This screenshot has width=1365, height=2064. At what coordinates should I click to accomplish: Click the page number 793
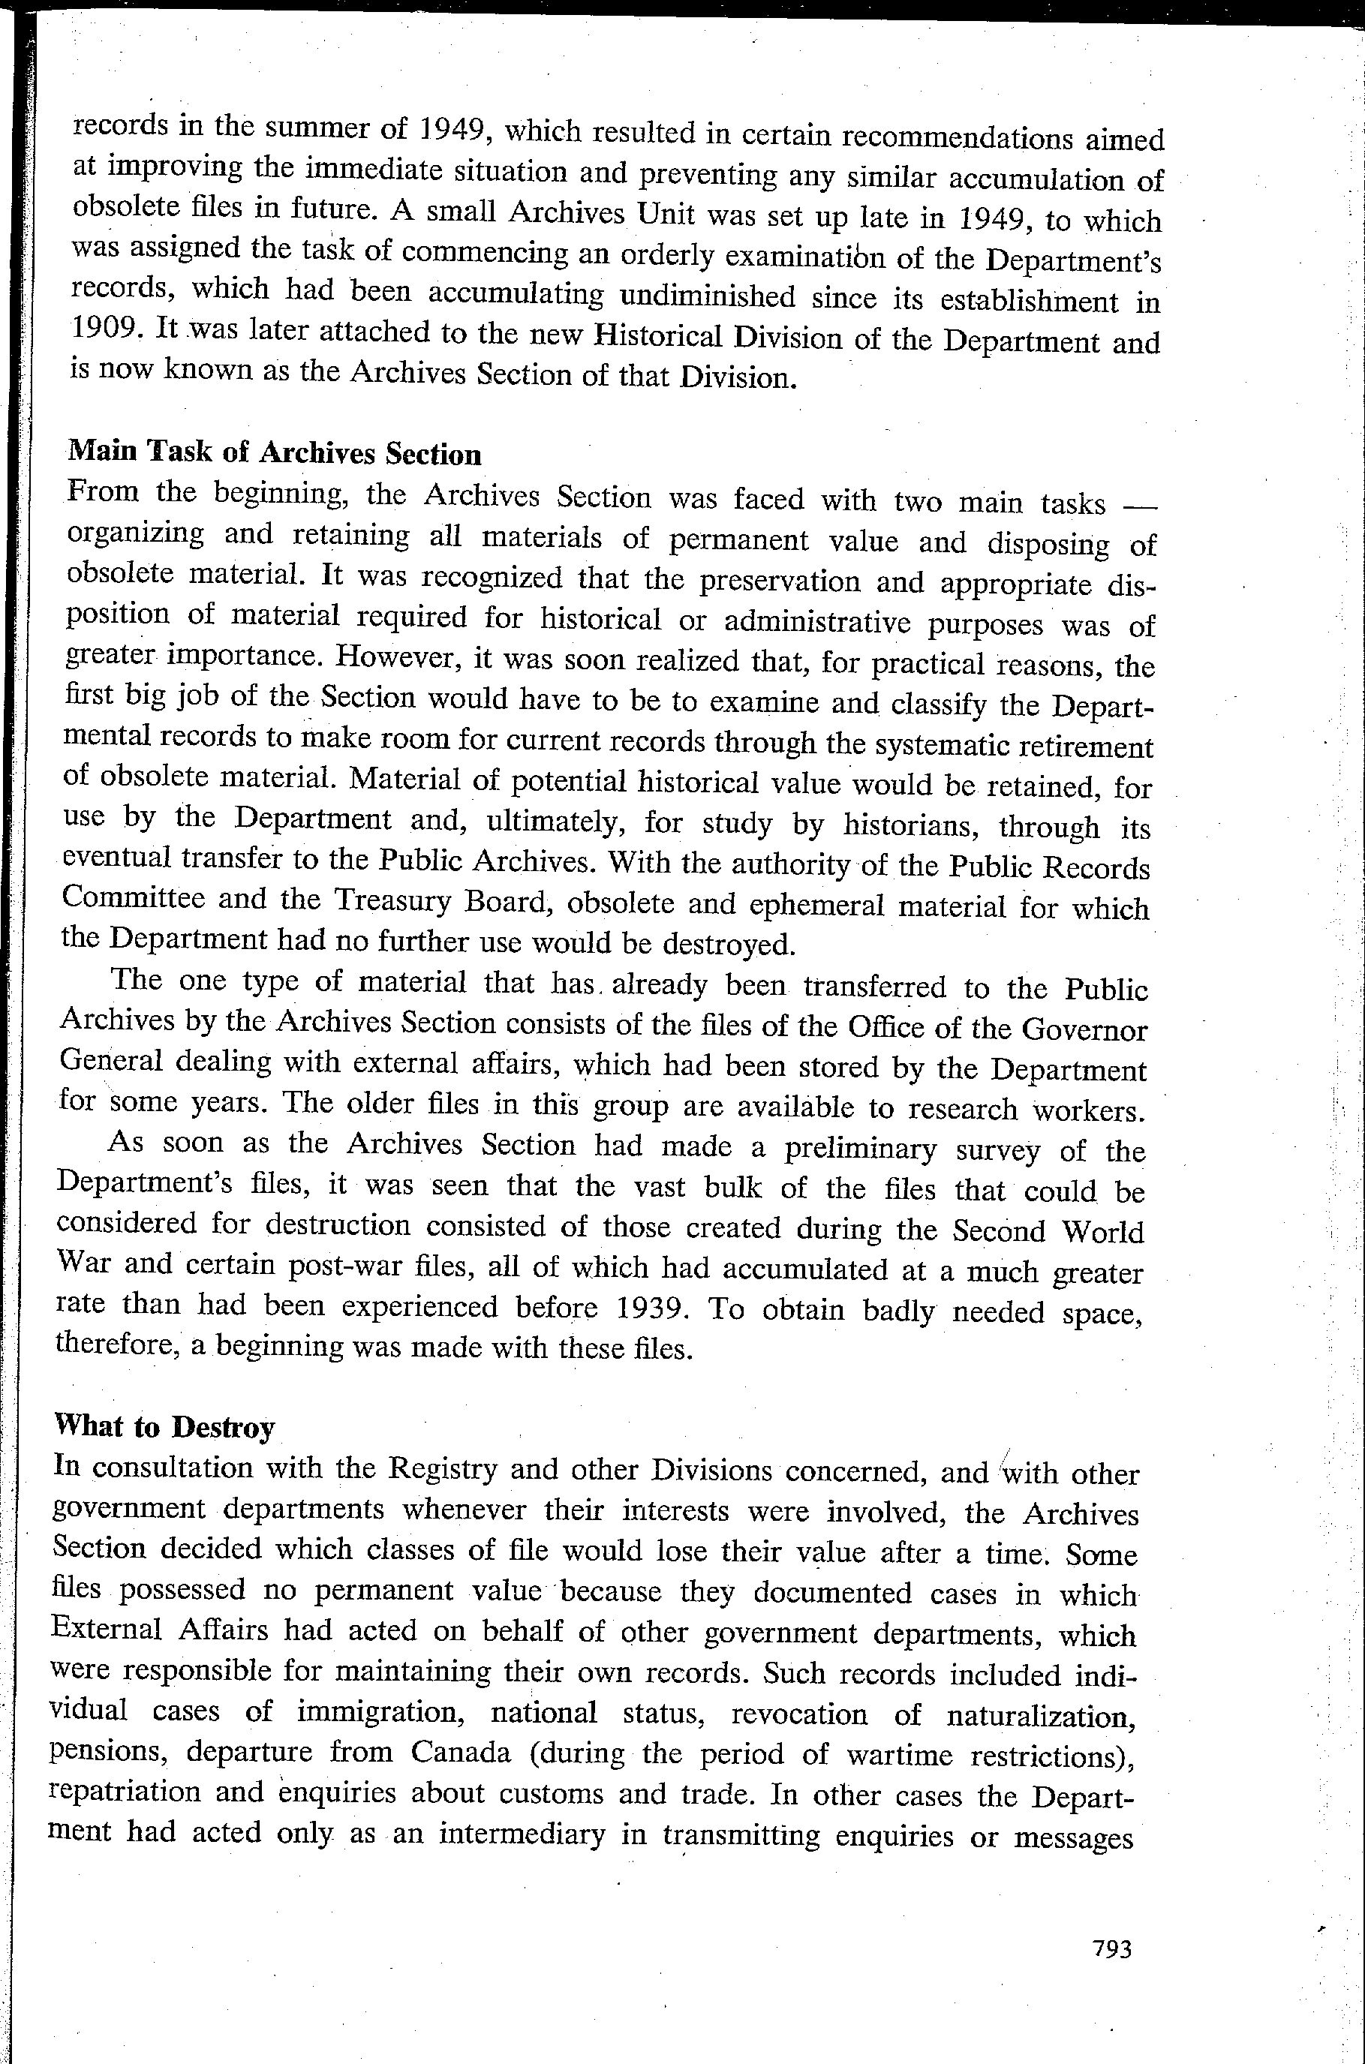(x=1111, y=1948)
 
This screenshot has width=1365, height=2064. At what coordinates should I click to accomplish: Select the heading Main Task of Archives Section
(x=274, y=452)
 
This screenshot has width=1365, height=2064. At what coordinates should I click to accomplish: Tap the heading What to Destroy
(x=164, y=1426)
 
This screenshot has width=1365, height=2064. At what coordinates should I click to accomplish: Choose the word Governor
(x=1084, y=1029)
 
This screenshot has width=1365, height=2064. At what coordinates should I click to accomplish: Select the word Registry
(x=442, y=1469)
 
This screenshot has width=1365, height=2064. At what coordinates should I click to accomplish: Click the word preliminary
(x=860, y=1149)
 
